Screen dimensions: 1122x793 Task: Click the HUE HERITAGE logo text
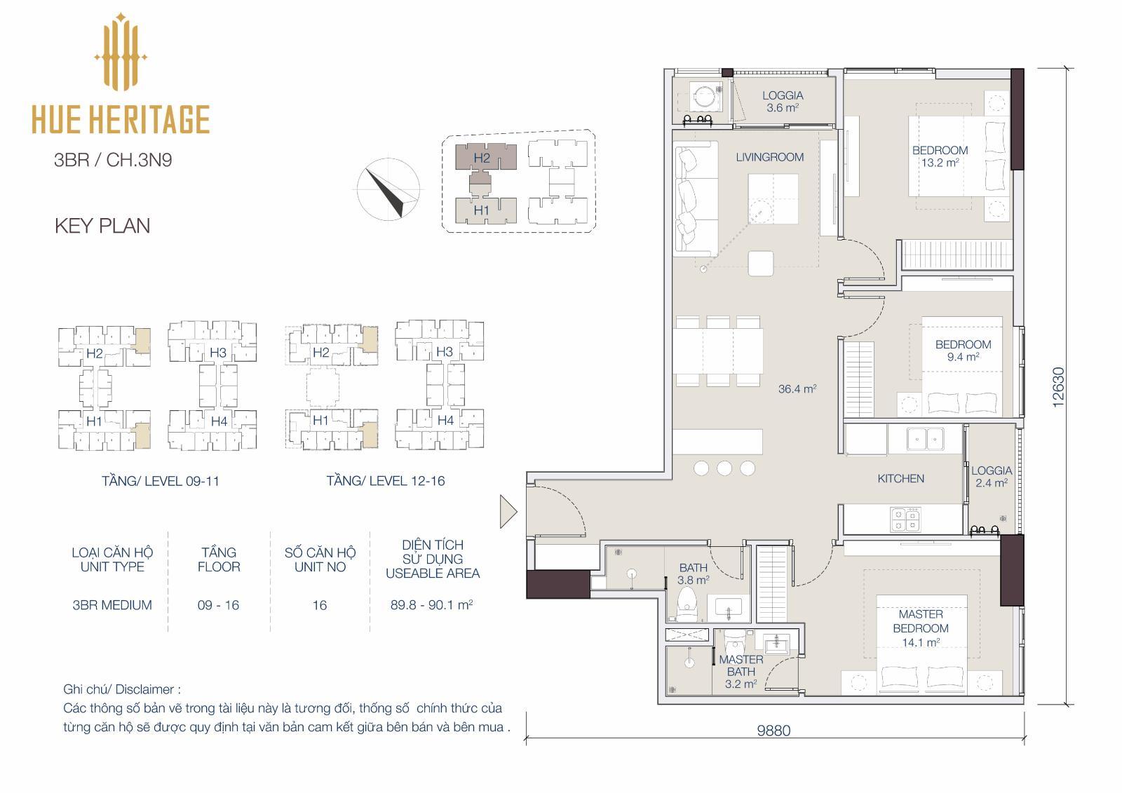121,119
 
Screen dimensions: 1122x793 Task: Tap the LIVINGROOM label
769,157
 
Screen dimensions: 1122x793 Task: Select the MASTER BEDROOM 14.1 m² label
921,628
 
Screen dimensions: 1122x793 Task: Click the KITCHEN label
900,478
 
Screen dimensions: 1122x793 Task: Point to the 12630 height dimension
1058,387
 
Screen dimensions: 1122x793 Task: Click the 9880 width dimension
773,731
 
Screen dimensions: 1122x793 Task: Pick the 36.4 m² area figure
797,388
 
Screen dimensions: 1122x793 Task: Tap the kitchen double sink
925,439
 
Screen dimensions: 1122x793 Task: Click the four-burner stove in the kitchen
905,519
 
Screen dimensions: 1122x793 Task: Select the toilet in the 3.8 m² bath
687,604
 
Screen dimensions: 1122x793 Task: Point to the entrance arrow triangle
508,511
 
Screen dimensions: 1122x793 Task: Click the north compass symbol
388,189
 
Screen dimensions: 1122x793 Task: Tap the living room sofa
695,199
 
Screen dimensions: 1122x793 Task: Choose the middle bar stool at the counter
724,468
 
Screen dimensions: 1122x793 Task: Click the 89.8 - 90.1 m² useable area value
432,604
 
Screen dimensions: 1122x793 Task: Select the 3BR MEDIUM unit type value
112,605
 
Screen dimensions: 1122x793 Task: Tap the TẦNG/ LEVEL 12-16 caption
386,481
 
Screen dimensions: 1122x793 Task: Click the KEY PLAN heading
102,226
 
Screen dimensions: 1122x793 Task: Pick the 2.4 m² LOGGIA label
992,477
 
